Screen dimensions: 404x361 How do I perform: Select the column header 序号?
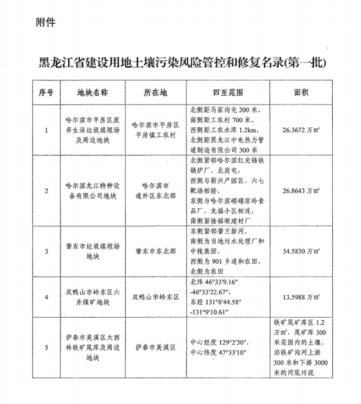46,92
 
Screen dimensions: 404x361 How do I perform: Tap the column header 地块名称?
92,92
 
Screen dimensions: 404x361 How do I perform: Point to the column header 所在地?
152,92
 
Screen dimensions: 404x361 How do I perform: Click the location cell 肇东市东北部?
152,251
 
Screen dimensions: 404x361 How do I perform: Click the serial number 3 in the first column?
46,251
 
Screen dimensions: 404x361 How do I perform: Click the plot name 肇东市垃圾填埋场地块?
92,251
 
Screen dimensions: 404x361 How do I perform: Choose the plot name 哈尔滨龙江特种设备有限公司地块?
92,191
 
